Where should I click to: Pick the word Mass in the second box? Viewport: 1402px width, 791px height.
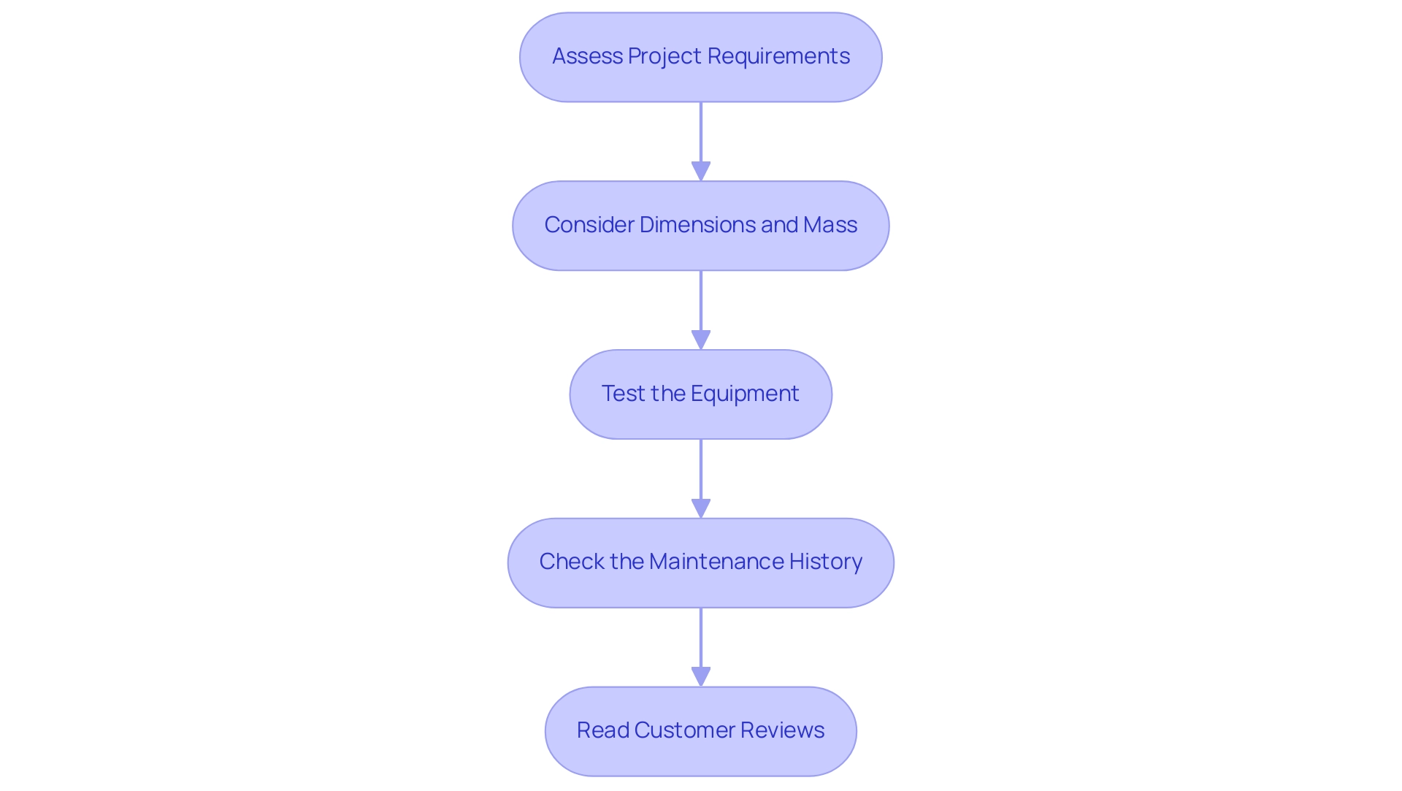click(830, 225)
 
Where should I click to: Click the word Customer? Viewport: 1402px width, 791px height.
click(684, 730)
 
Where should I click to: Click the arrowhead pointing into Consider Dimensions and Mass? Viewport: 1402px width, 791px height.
click(701, 172)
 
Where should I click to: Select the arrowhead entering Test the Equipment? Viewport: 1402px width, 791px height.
click(701, 340)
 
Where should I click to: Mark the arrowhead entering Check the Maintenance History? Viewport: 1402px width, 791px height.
click(701, 509)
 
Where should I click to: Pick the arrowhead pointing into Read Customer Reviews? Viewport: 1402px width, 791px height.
click(701, 677)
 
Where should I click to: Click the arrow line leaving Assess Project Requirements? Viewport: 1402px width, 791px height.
click(701, 131)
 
